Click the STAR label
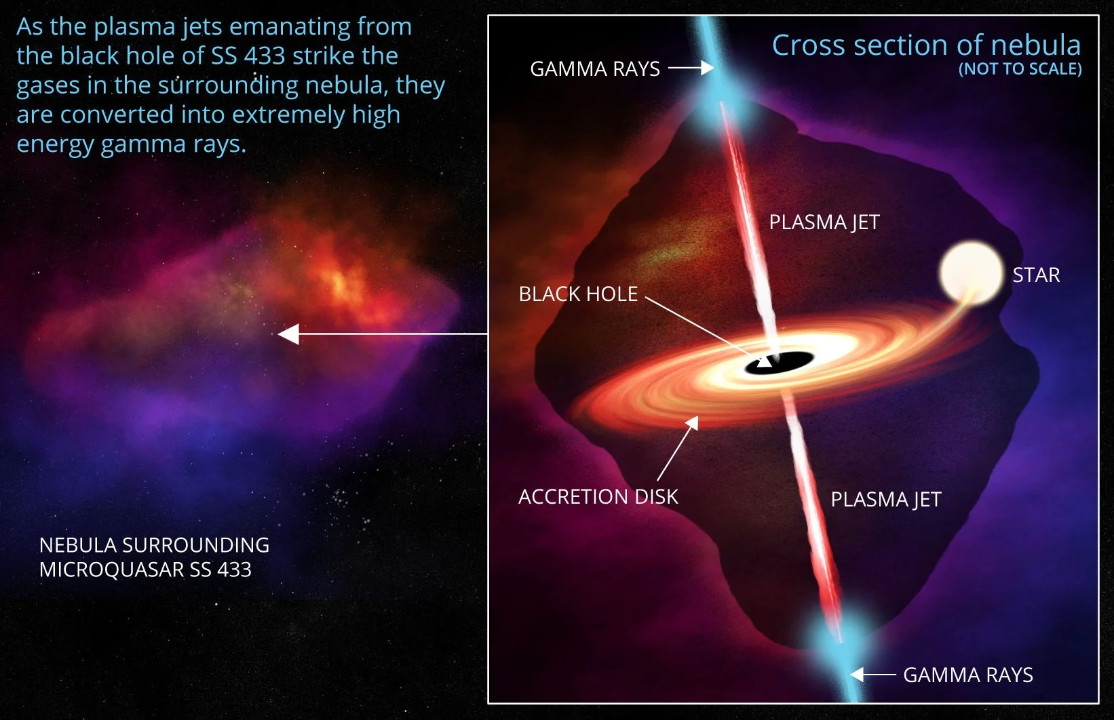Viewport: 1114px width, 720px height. click(1036, 275)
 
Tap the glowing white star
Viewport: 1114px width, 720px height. click(971, 273)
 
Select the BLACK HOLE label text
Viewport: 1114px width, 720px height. click(578, 294)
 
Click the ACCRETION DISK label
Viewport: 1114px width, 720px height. click(598, 497)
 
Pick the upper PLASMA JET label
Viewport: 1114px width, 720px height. click(824, 222)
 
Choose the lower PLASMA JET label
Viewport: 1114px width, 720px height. click(885, 500)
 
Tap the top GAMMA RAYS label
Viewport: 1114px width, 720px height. click(594, 69)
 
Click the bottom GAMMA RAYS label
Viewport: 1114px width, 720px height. click(967, 675)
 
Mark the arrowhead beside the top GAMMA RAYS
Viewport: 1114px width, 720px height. click(708, 68)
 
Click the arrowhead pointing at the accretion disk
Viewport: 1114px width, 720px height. click(693, 422)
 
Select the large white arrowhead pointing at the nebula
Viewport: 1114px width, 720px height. click(289, 334)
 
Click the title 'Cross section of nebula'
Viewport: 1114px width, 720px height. click(925, 45)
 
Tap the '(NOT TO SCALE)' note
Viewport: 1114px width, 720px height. click(1020, 69)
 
